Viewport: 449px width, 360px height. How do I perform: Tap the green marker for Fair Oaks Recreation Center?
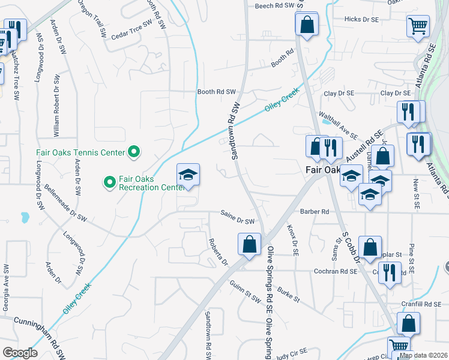(109, 181)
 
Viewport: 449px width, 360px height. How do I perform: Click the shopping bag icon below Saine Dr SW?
(249, 245)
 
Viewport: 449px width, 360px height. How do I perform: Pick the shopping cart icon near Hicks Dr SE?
(418, 26)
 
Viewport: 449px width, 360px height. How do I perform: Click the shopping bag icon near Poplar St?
(371, 247)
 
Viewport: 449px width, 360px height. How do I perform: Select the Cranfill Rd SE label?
(421, 304)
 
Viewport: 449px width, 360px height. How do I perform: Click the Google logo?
(20, 352)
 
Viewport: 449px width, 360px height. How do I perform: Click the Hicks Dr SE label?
(362, 19)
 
